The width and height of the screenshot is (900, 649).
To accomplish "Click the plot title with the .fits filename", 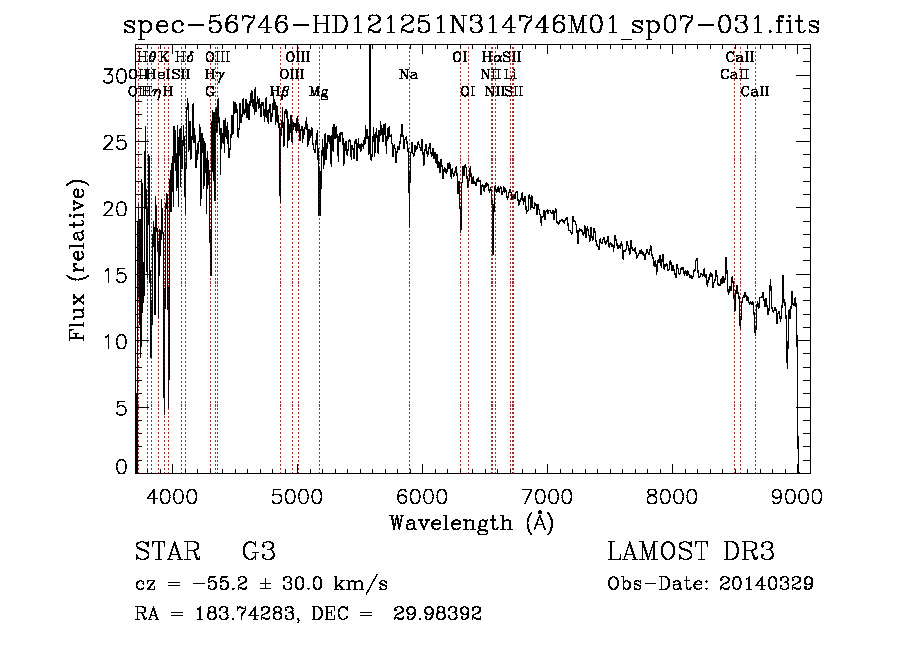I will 470,25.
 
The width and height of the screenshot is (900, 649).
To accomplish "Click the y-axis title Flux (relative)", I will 79,260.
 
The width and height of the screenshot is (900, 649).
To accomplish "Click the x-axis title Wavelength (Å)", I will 471,522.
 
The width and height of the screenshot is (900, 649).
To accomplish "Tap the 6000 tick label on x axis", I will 422,494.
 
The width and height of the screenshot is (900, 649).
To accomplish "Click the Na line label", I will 408,74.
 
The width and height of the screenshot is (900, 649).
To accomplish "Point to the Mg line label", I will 318,92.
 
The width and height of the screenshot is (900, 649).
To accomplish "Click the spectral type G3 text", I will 258,552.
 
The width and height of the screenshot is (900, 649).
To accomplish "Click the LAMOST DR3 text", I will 691,552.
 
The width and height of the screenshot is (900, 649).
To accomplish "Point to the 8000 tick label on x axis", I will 672,494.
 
